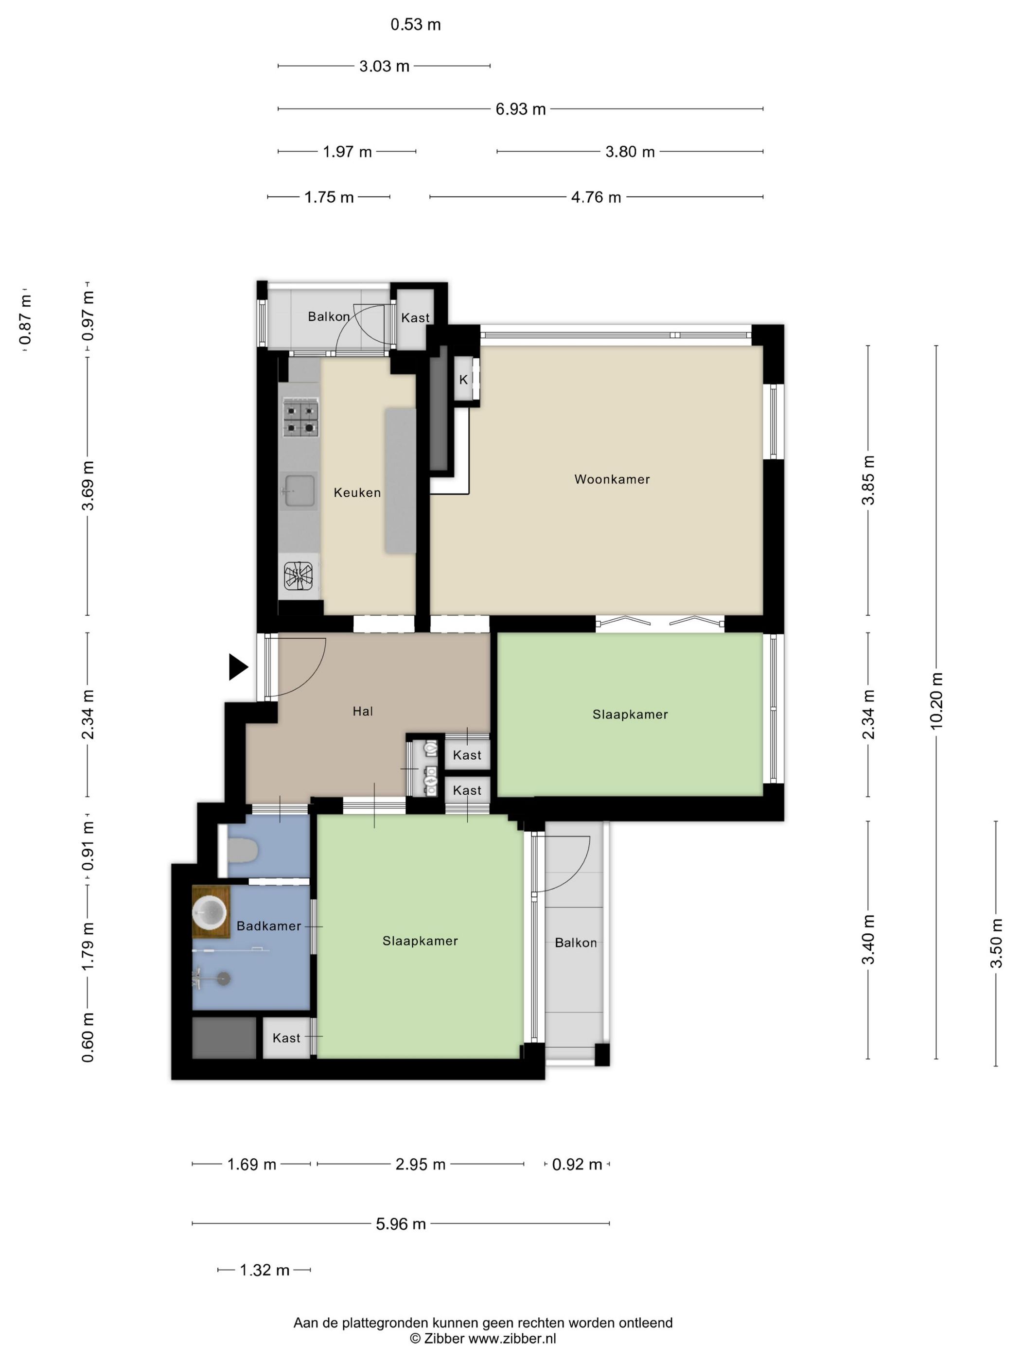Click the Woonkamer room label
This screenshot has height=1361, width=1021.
pos(612,479)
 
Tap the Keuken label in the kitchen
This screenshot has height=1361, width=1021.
pos(357,492)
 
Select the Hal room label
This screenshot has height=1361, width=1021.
pos(363,711)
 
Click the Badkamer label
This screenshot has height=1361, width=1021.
pos(269,926)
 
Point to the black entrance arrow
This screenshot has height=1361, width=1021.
pos(238,667)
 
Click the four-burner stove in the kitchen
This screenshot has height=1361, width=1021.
pos(301,418)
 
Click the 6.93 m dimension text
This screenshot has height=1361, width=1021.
pos(521,109)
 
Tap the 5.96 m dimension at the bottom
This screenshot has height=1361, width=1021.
pos(401,1224)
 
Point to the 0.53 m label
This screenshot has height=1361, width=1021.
pos(416,25)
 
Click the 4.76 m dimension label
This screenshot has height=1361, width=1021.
pos(596,197)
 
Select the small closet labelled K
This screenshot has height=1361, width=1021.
pos(463,380)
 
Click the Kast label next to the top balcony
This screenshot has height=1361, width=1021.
pos(415,317)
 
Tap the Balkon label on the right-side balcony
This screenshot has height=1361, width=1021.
pos(576,942)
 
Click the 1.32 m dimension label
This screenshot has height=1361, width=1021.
pos(264,1270)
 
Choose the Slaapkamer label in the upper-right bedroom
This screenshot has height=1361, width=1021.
pos(630,715)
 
